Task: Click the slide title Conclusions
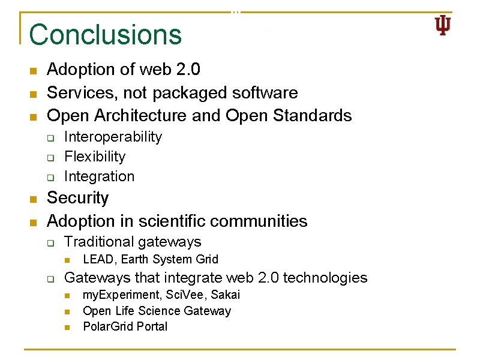click(105, 34)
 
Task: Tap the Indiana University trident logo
click(442, 26)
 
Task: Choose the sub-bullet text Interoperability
click(113, 137)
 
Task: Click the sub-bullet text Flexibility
click(95, 157)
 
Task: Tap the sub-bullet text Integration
click(99, 176)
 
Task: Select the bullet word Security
click(78, 198)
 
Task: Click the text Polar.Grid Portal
click(125, 326)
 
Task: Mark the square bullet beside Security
click(34, 199)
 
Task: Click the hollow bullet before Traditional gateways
click(52, 243)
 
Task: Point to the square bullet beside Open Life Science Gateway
click(68, 311)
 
